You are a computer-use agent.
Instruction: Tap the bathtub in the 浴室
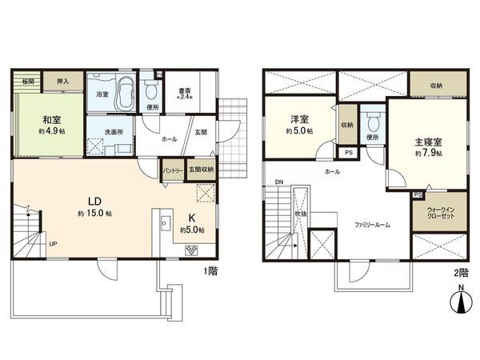click(124, 95)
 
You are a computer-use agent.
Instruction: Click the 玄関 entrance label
click(200, 133)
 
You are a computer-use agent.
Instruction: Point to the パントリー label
click(174, 170)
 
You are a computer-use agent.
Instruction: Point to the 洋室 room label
click(300, 121)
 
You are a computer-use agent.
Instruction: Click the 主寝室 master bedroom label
click(427, 141)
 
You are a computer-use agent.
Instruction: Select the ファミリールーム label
click(368, 225)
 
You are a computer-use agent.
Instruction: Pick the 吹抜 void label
click(299, 214)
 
